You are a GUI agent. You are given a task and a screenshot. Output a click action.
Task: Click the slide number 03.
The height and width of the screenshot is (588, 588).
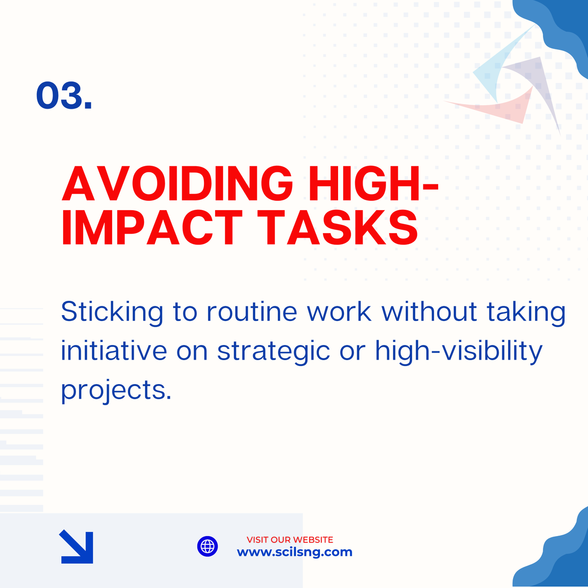tap(64, 95)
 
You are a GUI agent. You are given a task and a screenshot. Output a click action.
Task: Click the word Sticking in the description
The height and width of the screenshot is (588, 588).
tap(112, 312)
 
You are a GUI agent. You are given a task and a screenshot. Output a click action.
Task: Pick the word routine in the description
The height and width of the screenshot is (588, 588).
tap(251, 312)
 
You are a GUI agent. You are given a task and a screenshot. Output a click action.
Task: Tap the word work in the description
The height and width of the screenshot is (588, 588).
tap(339, 312)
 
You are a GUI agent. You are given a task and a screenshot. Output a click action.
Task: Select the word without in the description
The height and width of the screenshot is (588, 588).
tap(429, 312)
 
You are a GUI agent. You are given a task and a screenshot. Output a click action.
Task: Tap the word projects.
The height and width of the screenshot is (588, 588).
tap(116, 391)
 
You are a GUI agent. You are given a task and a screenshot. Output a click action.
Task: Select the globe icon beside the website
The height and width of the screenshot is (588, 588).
tap(207, 546)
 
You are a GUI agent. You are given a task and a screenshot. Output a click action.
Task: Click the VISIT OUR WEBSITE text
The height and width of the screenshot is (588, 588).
tap(290, 539)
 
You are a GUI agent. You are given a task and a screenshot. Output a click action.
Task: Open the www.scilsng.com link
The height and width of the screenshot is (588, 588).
tap(294, 552)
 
